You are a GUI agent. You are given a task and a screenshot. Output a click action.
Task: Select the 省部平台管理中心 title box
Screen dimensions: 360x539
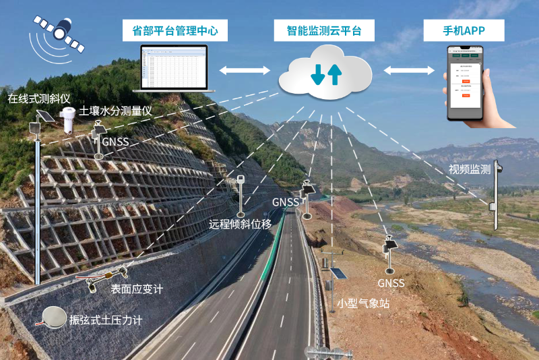(175, 30)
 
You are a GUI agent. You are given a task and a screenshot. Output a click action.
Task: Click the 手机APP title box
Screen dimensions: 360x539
(464, 30)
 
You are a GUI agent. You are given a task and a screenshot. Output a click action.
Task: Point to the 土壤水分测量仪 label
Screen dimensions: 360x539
(118, 111)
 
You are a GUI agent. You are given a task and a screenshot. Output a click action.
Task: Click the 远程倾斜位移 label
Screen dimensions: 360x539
(241, 224)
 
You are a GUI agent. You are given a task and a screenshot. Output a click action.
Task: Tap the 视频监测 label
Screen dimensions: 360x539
(469, 169)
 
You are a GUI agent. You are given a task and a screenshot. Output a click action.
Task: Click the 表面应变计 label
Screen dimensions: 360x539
(137, 289)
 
